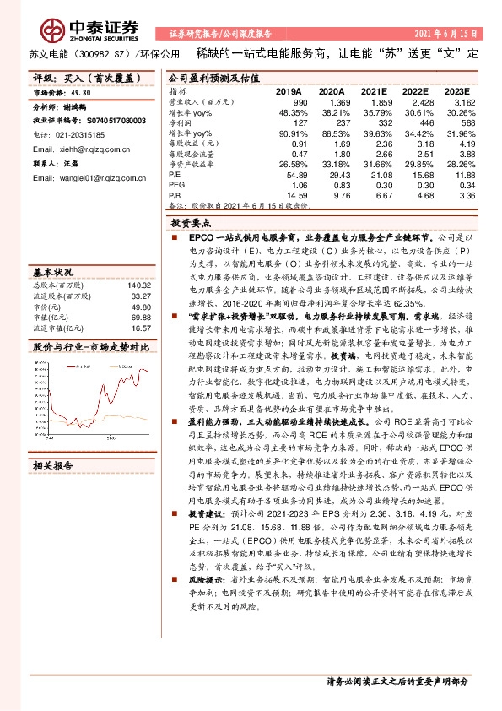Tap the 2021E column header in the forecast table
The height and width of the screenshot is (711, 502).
374,90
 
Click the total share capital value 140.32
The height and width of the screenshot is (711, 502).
139,286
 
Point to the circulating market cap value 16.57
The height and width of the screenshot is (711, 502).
141,328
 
